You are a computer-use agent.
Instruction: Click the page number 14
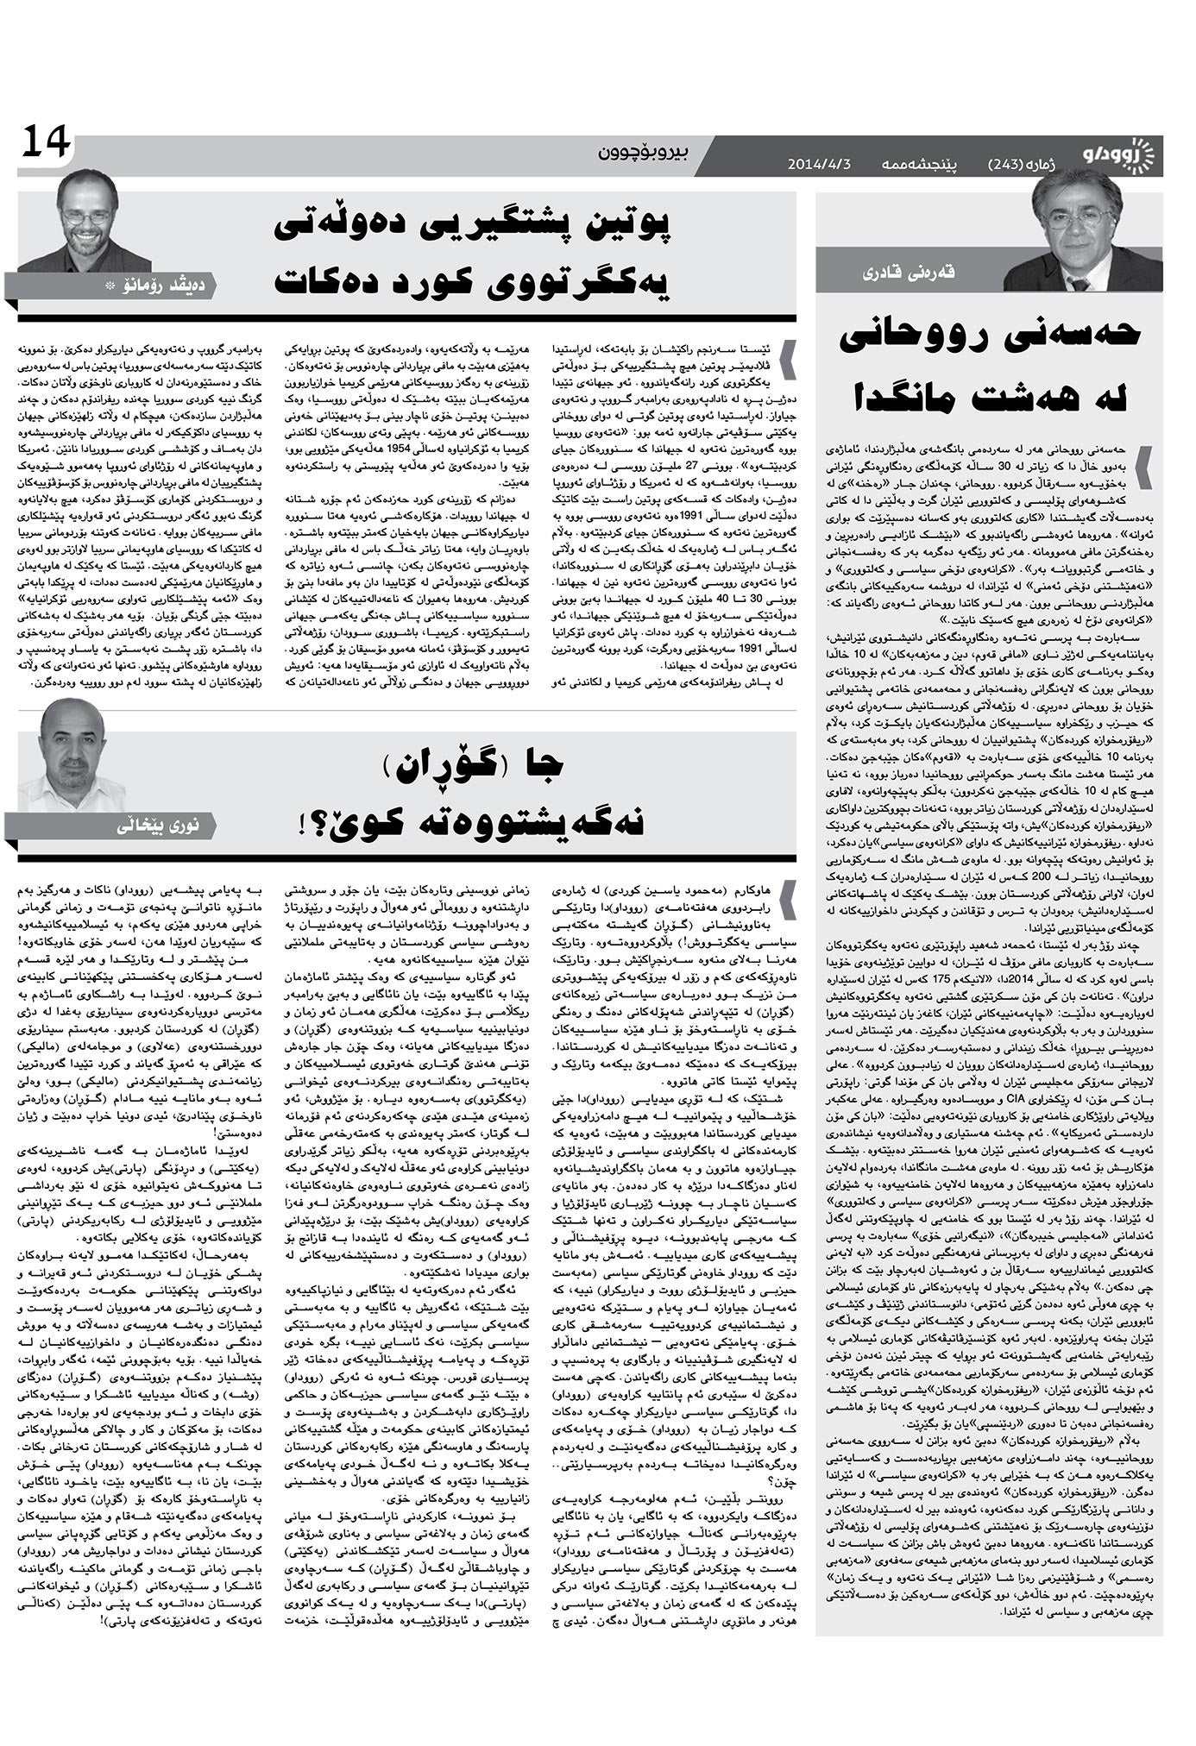(x=47, y=143)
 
